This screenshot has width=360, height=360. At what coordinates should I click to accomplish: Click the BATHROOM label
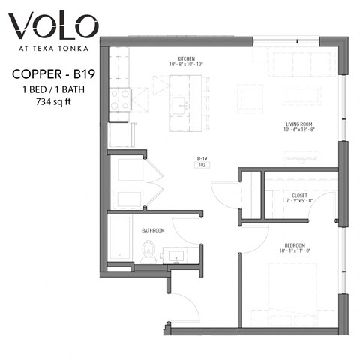(154, 231)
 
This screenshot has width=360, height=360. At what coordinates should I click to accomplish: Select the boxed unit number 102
(202, 166)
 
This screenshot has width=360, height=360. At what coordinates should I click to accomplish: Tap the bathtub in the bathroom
(121, 240)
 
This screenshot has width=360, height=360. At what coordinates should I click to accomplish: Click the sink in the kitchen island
(180, 106)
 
